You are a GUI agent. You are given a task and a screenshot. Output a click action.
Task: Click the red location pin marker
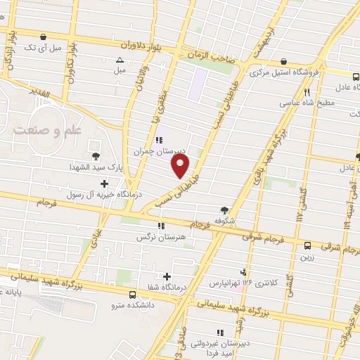(181, 165)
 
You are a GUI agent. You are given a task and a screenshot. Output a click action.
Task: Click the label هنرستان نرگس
(161, 237)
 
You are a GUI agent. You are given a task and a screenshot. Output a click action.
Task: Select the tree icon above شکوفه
(224, 210)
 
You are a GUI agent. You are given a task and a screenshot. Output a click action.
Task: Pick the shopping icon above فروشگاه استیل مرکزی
(283, 62)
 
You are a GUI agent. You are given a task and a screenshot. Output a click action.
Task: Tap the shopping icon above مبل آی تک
(44, 37)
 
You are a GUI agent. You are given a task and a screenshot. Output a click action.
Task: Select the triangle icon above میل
(120, 60)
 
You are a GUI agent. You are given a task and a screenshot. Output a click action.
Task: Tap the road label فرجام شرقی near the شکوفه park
(266, 236)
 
